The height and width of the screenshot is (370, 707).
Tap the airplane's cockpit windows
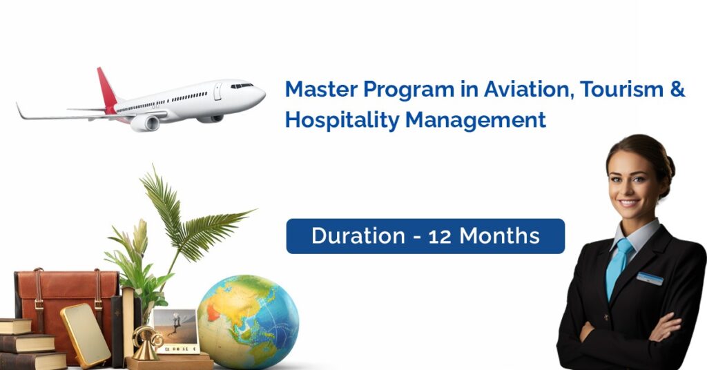242,86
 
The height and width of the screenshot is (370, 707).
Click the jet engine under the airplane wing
145,123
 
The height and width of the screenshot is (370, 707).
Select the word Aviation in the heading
530,89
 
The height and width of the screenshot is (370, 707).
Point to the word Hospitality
342,121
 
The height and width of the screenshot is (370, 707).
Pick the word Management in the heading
476,121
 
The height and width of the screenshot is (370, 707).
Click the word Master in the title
321,89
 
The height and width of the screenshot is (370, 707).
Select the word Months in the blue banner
499,235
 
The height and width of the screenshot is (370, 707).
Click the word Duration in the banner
358,235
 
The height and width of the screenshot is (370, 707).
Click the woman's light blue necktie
617,266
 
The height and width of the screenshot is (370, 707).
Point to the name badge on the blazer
650,278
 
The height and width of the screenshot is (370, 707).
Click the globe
248,322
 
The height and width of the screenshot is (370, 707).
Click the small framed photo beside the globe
175,331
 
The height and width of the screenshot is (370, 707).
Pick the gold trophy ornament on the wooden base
146,343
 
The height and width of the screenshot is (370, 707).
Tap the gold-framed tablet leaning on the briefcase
86,334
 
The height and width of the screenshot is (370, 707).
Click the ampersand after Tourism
677,89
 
